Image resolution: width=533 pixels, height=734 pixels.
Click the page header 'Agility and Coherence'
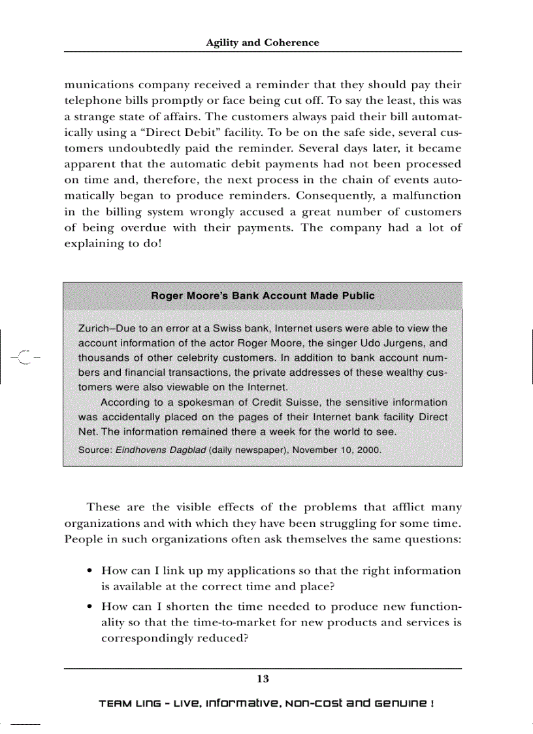tap(263, 43)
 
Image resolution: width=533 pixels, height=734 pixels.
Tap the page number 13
tap(263, 679)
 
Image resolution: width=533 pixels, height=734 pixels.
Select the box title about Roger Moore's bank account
tap(263, 296)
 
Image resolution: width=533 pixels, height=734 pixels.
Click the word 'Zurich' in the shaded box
tap(93, 328)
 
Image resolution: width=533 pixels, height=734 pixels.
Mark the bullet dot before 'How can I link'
tap(89, 571)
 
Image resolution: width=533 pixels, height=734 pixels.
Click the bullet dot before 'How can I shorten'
tap(89, 607)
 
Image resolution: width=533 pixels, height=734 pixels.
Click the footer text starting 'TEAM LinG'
tap(266, 704)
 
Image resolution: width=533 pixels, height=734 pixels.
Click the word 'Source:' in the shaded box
tap(95, 450)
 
